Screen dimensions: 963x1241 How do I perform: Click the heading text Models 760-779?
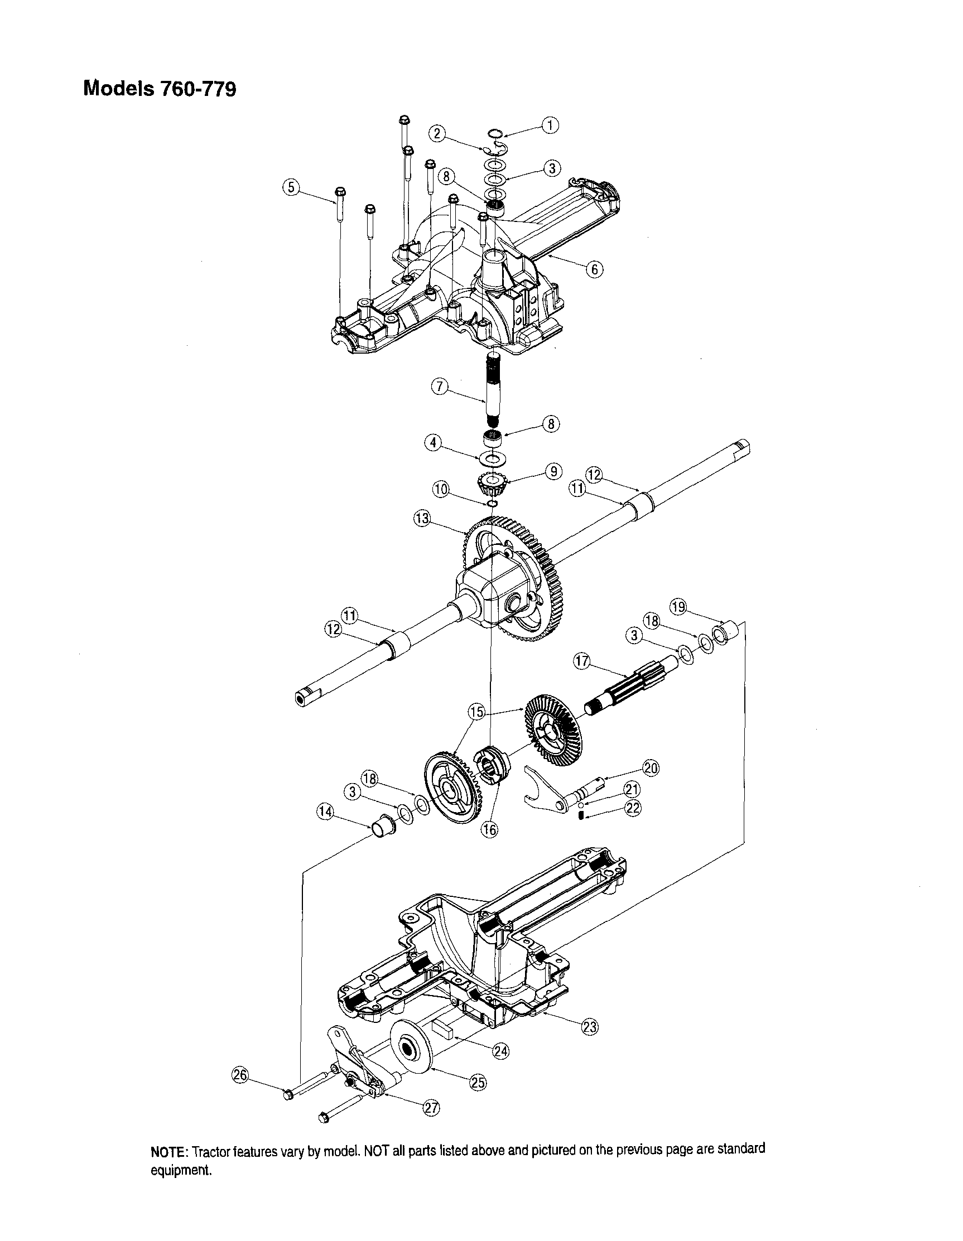[x=159, y=89]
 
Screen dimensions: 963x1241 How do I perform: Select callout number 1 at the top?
[x=550, y=125]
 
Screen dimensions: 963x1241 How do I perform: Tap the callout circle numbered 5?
[x=291, y=187]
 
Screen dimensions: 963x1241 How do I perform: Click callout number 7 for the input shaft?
[x=439, y=387]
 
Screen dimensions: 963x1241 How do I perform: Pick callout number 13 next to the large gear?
[x=422, y=518]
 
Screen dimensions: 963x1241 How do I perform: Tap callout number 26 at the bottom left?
[x=241, y=1074]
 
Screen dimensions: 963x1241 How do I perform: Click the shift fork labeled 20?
[x=551, y=794]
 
